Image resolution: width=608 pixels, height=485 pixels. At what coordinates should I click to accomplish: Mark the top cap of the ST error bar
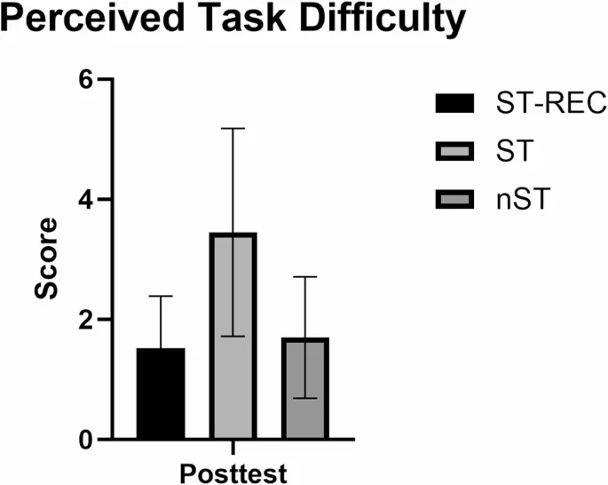click(x=233, y=129)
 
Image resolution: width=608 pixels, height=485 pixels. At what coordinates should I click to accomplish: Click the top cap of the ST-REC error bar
click(x=161, y=296)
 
